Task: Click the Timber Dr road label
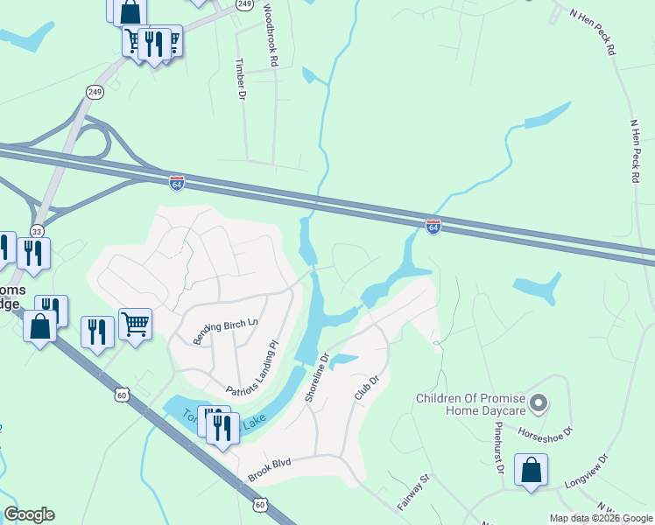[238, 79]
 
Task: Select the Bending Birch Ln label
[226, 330]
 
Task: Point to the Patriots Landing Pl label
[250, 366]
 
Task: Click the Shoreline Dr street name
[316, 378]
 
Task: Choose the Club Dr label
[365, 388]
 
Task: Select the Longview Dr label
[581, 471]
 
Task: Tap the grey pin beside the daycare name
[539, 404]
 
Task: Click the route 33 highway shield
[36, 231]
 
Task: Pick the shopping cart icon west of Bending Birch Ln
[135, 324]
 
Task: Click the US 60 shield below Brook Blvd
[260, 504]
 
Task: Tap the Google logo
[29, 514]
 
